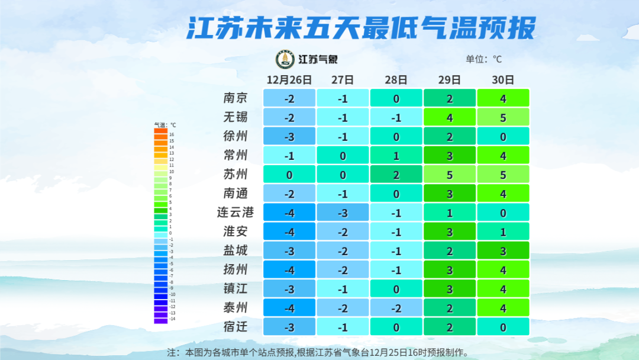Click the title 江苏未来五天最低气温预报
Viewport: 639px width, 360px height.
(x=361, y=28)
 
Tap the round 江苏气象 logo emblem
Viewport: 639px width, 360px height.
(x=285, y=59)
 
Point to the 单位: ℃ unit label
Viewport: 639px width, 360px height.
(x=483, y=59)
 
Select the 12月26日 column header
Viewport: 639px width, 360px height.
(x=289, y=79)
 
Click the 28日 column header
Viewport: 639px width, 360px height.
(x=396, y=79)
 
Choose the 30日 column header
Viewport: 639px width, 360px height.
(x=503, y=79)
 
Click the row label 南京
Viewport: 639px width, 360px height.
(x=235, y=98)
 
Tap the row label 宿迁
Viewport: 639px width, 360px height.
(x=235, y=327)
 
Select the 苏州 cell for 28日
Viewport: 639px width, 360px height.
(x=396, y=175)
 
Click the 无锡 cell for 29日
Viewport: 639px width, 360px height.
(x=450, y=117)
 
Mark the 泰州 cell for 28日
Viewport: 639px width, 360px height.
(x=396, y=308)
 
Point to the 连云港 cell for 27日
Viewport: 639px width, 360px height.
(x=343, y=213)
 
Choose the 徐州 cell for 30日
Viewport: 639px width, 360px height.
(x=503, y=137)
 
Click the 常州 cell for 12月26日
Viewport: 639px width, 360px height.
(x=289, y=156)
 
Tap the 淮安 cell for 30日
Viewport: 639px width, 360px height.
(x=503, y=232)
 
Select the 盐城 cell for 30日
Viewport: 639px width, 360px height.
(x=503, y=251)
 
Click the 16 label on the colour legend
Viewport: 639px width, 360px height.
(x=171, y=135)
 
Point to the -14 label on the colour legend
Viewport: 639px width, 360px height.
(x=172, y=319)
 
